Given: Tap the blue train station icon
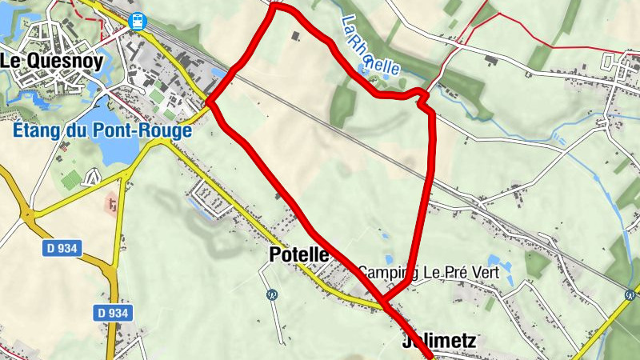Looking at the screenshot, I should pos(138,21).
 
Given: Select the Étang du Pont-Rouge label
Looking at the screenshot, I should pos(103,130).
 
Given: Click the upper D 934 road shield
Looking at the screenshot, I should pos(62,249).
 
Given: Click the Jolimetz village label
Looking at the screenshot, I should pos(438,342).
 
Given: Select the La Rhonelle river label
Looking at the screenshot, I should pos(369,46).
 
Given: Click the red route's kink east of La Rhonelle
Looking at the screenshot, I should pos(422,97).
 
